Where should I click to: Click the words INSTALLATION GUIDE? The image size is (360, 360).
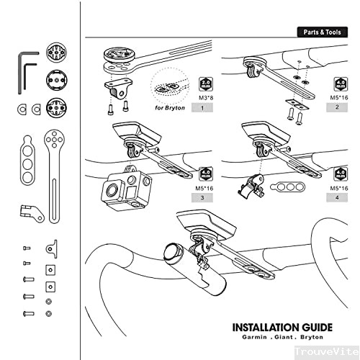(277, 325)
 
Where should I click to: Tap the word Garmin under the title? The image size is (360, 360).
(249, 336)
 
